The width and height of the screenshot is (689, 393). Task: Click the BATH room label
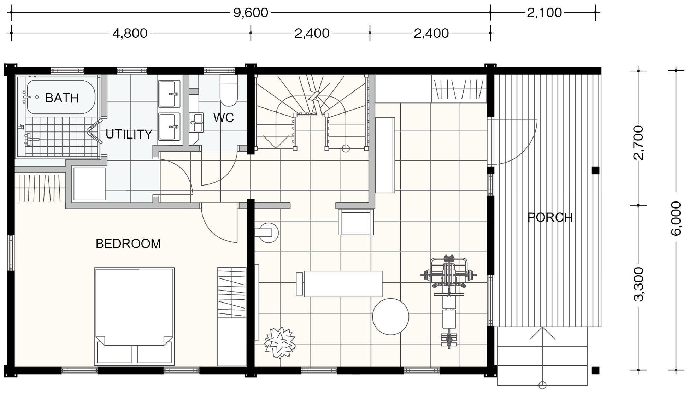click(62, 98)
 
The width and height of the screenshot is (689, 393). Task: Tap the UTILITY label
click(129, 134)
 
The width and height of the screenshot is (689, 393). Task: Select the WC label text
click(224, 118)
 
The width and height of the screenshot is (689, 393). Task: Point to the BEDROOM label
click(128, 244)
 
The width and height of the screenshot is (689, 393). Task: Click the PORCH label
click(550, 217)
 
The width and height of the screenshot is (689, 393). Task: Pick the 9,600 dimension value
click(251, 13)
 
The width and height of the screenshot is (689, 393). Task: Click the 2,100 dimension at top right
click(544, 13)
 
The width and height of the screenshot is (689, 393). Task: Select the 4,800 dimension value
click(130, 33)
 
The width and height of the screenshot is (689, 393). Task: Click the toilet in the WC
click(228, 90)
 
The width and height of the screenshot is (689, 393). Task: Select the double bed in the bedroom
click(134, 316)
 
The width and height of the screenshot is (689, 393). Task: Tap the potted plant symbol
click(281, 342)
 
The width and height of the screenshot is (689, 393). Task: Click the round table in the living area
click(390, 317)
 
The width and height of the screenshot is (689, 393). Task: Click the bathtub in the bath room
click(61, 97)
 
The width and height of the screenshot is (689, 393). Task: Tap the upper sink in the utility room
click(169, 94)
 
